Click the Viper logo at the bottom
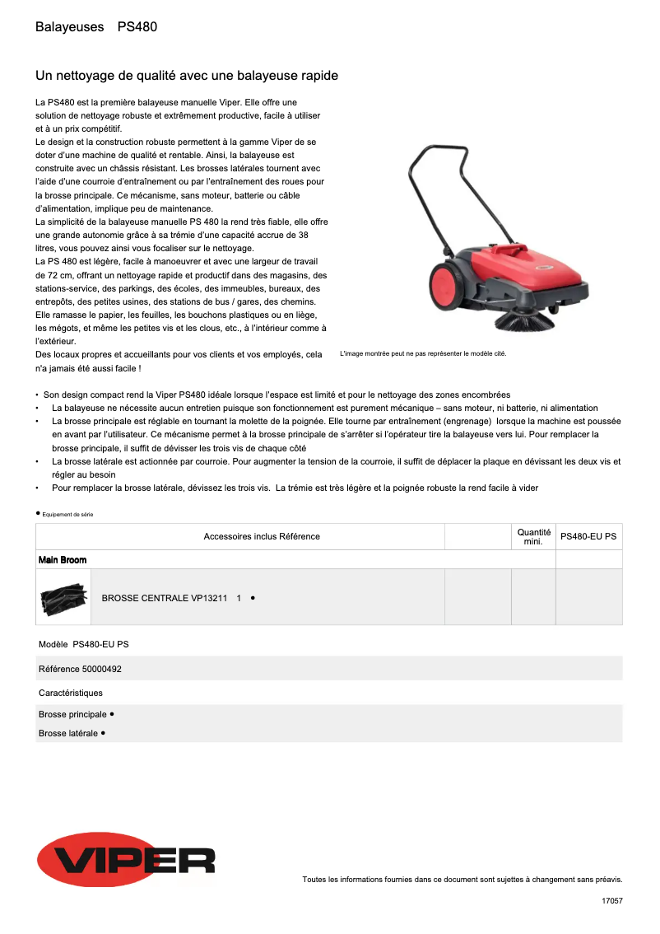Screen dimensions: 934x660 126,859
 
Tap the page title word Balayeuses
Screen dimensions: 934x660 69,27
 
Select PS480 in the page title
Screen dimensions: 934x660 137,27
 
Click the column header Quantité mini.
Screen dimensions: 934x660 533,537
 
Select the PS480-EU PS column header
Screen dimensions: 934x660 588,537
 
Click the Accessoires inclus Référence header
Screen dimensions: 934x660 262,537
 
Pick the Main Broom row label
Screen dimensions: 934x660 63,560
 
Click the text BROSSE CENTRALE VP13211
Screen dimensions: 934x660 164,598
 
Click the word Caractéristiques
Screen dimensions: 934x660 71,693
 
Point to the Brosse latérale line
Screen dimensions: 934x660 72,733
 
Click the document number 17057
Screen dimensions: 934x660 611,902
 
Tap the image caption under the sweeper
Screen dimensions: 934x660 423,353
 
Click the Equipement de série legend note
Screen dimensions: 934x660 66,514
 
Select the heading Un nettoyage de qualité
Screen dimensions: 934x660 187,76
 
